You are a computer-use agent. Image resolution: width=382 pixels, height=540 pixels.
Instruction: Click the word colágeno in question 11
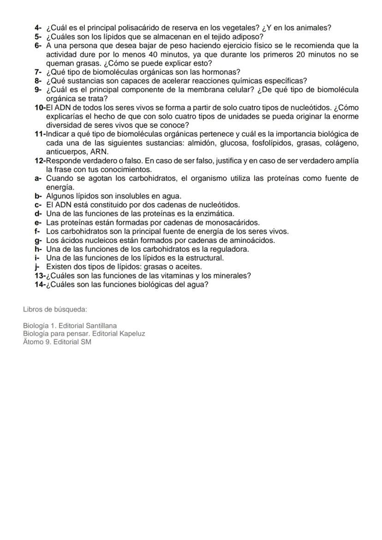point(343,143)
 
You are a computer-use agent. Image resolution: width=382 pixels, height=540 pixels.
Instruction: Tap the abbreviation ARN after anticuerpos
point(100,152)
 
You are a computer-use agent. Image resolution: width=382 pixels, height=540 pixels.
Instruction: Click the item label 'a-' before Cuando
point(38,178)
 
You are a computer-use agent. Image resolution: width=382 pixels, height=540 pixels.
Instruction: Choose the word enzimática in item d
point(217,214)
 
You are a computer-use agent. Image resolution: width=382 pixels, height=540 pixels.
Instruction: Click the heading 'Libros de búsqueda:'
point(55,309)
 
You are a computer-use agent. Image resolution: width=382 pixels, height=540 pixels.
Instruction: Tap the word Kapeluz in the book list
point(132,333)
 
